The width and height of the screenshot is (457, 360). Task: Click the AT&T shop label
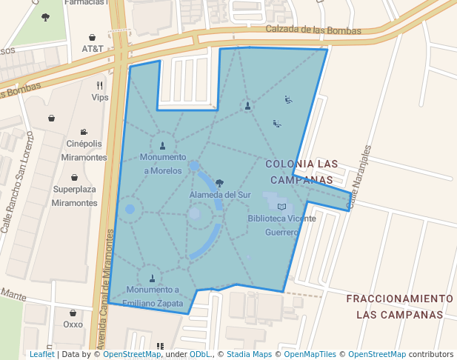point(93,49)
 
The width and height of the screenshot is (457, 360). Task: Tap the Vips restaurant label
point(99,97)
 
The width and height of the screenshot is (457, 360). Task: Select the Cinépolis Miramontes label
point(84,150)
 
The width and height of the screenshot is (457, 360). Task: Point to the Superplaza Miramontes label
point(75,196)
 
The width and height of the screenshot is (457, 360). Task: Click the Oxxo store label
point(73,324)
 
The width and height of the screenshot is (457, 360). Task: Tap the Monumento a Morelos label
point(162,164)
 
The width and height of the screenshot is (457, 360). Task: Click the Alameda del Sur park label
point(220,194)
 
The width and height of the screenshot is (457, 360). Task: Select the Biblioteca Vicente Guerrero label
point(281,224)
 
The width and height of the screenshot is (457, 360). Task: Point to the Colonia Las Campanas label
point(301,171)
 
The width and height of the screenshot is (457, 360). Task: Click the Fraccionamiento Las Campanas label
point(399,305)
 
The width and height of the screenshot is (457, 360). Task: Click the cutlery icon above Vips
point(99,85)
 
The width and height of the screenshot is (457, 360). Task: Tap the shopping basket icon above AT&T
point(92,37)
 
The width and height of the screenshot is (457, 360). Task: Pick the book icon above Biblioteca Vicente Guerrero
point(281,206)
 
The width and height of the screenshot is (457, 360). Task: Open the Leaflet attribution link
point(41,354)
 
